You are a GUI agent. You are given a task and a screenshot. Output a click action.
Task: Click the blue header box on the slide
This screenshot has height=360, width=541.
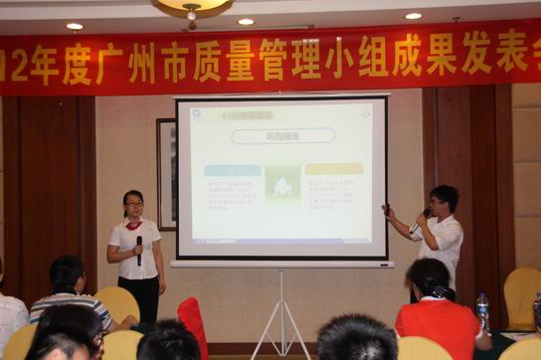click(232, 169)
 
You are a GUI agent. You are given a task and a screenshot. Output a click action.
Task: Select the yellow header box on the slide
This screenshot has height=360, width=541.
click(333, 169)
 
